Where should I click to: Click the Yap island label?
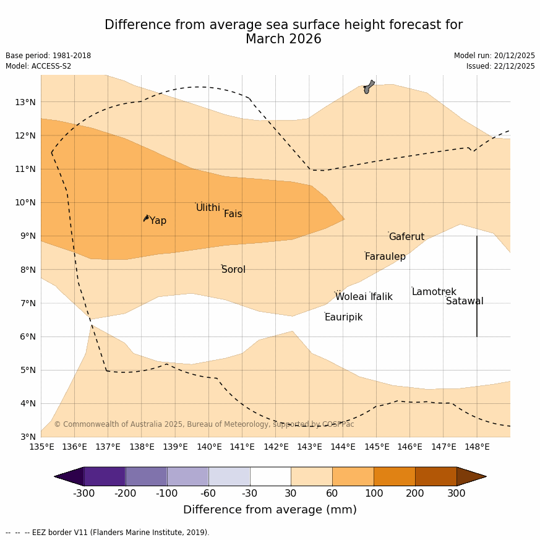click(158, 221)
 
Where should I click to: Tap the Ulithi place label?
click(208, 208)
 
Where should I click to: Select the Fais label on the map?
click(233, 214)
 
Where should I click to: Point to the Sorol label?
click(233, 270)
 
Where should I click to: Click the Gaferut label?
click(406, 237)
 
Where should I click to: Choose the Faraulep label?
click(385, 257)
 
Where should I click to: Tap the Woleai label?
click(351, 297)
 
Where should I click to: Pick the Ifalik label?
click(381, 297)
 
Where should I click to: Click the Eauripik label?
click(343, 317)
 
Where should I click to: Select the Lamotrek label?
click(434, 292)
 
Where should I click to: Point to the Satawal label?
click(465, 301)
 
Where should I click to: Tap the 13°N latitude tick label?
click(25, 102)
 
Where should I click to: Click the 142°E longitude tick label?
click(276, 447)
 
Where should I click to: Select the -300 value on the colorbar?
click(84, 494)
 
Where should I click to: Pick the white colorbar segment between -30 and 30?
click(270, 476)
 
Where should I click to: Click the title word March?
click(265, 39)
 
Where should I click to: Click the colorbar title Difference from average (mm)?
click(270, 510)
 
